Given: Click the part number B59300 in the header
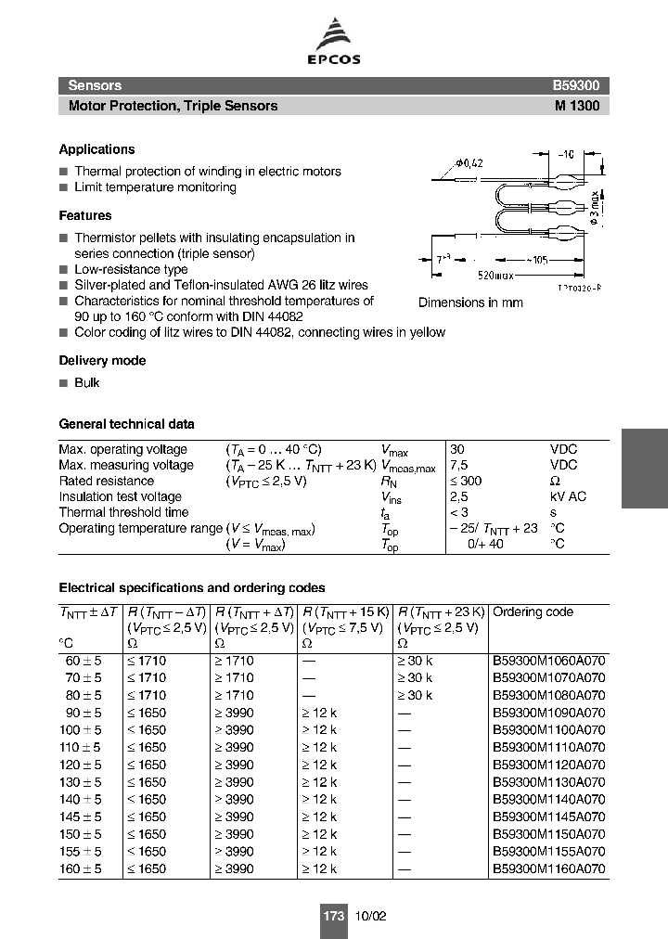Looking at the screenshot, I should click(576, 85).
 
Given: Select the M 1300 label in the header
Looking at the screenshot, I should click(577, 106).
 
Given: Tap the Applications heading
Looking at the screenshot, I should click(96, 149).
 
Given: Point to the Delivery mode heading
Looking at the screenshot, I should click(102, 361).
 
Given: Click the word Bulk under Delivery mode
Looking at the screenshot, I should click(86, 383).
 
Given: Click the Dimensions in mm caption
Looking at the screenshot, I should click(470, 302).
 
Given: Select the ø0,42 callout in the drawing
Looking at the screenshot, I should click(470, 163).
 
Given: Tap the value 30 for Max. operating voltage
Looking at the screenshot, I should click(459, 449).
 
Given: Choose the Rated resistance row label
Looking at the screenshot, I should click(106, 481).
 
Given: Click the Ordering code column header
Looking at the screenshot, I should click(533, 612).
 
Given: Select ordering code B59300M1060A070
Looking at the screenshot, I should click(548, 661).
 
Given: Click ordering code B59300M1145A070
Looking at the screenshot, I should click(548, 817).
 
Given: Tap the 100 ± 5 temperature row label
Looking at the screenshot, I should click(79, 730).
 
